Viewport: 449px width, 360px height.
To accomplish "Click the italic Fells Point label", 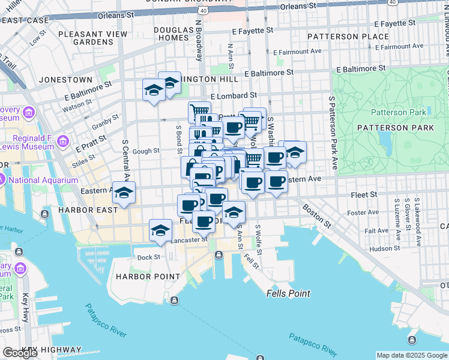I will tap(288, 293).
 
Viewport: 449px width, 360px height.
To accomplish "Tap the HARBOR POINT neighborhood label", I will tap(148, 276).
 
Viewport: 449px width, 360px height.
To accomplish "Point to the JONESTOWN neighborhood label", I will tap(65, 80).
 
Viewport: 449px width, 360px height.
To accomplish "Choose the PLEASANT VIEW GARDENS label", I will tap(93, 38).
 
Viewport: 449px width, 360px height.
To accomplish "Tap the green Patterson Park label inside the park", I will tap(398, 112).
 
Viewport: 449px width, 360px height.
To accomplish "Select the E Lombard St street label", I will tap(234, 95).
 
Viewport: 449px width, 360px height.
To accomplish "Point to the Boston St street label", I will tap(316, 215).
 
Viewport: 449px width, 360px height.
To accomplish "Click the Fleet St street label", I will tap(364, 194).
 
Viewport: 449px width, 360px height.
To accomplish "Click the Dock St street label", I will tap(148, 257).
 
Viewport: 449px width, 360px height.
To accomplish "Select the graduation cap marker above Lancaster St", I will tap(160, 231).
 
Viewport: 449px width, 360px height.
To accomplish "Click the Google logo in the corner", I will tap(20, 353).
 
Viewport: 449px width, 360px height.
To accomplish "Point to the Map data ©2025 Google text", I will tap(411, 355).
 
